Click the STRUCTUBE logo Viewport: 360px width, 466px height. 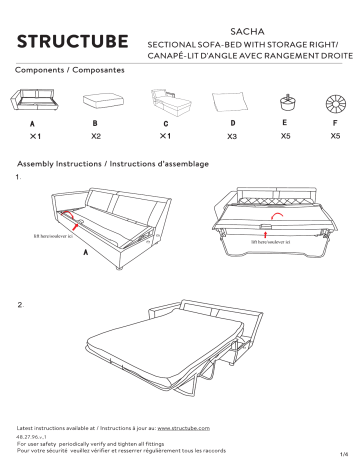(x=74, y=43)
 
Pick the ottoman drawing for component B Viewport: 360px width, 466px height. (x=98, y=103)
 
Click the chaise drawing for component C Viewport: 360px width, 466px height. (x=166, y=103)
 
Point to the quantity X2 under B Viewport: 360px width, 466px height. (x=97, y=136)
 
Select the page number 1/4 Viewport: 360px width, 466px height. (x=341, y=456)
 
